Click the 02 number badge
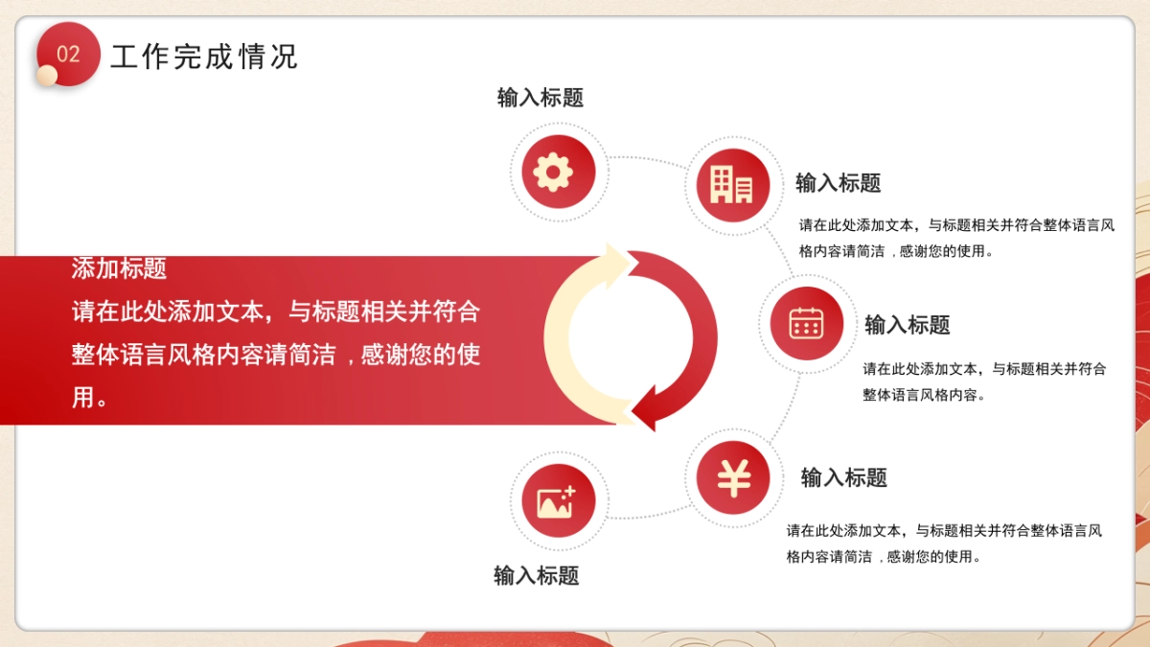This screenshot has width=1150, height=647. pyautogui.click(x=69, y=54)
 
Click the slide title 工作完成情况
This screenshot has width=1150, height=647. pyautogui.click(x=203, y=57)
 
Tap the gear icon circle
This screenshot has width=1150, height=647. pyautogui.click(x=559, y=173)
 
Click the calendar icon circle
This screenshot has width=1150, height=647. pyautogui.click(x=807, y=323)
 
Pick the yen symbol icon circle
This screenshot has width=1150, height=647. pyautogui.click(x=733, y=477)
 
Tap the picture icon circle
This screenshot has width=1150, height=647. pyautogui.click(x=559, y=500)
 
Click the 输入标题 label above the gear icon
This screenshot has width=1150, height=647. pyautogui.click(x=540, y=98)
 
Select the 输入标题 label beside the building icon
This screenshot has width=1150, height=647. pyautogui.click(x=839, y=183)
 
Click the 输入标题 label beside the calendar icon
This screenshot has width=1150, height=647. pyautogui.click(x=908, y=325)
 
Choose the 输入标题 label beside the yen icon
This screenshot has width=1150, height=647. pyautogui.click(x=844, y=477)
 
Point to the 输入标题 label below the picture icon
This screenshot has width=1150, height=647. pyautogui.click(x=537, y=575)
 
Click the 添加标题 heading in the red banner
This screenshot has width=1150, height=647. pyautogui.click(x=119, y=268)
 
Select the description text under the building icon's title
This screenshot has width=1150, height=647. pyautogui.click(x=956, y=239)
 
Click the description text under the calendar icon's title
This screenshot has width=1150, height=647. pyautogui.click(x=984, y=381)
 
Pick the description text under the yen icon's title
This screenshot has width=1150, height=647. pyautogui.click(x=944, y=543)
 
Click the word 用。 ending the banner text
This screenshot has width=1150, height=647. pyautogui.click(x=90, y=398)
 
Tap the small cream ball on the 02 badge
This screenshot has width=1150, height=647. pyautogui.click(x=47, y=75)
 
